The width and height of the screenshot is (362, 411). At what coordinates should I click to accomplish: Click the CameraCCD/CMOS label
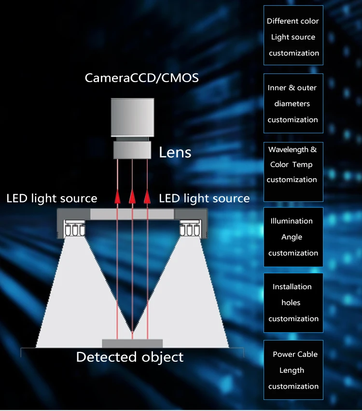coord(141,78)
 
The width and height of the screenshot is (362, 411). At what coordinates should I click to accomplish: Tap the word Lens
coord(175,153)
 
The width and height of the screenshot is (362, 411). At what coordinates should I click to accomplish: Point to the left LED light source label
coord(52,198)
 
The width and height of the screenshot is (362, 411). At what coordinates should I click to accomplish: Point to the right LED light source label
coord(204,198)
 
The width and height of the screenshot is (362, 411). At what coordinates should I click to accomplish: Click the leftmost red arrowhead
coord(117,196)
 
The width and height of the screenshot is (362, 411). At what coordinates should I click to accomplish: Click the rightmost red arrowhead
coord(147,196)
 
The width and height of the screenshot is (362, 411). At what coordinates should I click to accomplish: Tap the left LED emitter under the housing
coord(75,229)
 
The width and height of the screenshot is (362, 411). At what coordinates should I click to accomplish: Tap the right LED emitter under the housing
coord(189,229)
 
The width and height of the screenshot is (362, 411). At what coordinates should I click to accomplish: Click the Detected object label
coord(130,357)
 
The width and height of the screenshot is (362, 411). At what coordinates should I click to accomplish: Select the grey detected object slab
coord(132,343)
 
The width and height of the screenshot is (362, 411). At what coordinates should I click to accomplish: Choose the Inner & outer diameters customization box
coord(293,103)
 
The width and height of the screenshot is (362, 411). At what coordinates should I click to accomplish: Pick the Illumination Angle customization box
coord(293,237)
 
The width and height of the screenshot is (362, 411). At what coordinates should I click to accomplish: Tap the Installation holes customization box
coord(293,303)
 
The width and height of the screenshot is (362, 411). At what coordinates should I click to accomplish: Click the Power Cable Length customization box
coord(293,370)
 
